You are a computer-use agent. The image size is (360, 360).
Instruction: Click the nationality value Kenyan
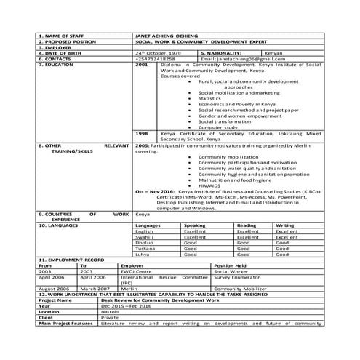pos(273,52)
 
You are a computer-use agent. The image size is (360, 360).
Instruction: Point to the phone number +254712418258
pos(156,58)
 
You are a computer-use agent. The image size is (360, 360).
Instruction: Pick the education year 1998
pos(142,134)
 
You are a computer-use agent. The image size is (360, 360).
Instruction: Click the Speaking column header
pos(194,225)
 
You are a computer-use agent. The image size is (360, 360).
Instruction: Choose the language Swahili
pos(145,237)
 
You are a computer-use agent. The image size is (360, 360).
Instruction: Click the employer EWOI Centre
pos(137,271)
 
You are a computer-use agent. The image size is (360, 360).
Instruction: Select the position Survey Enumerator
pos(237,277)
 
